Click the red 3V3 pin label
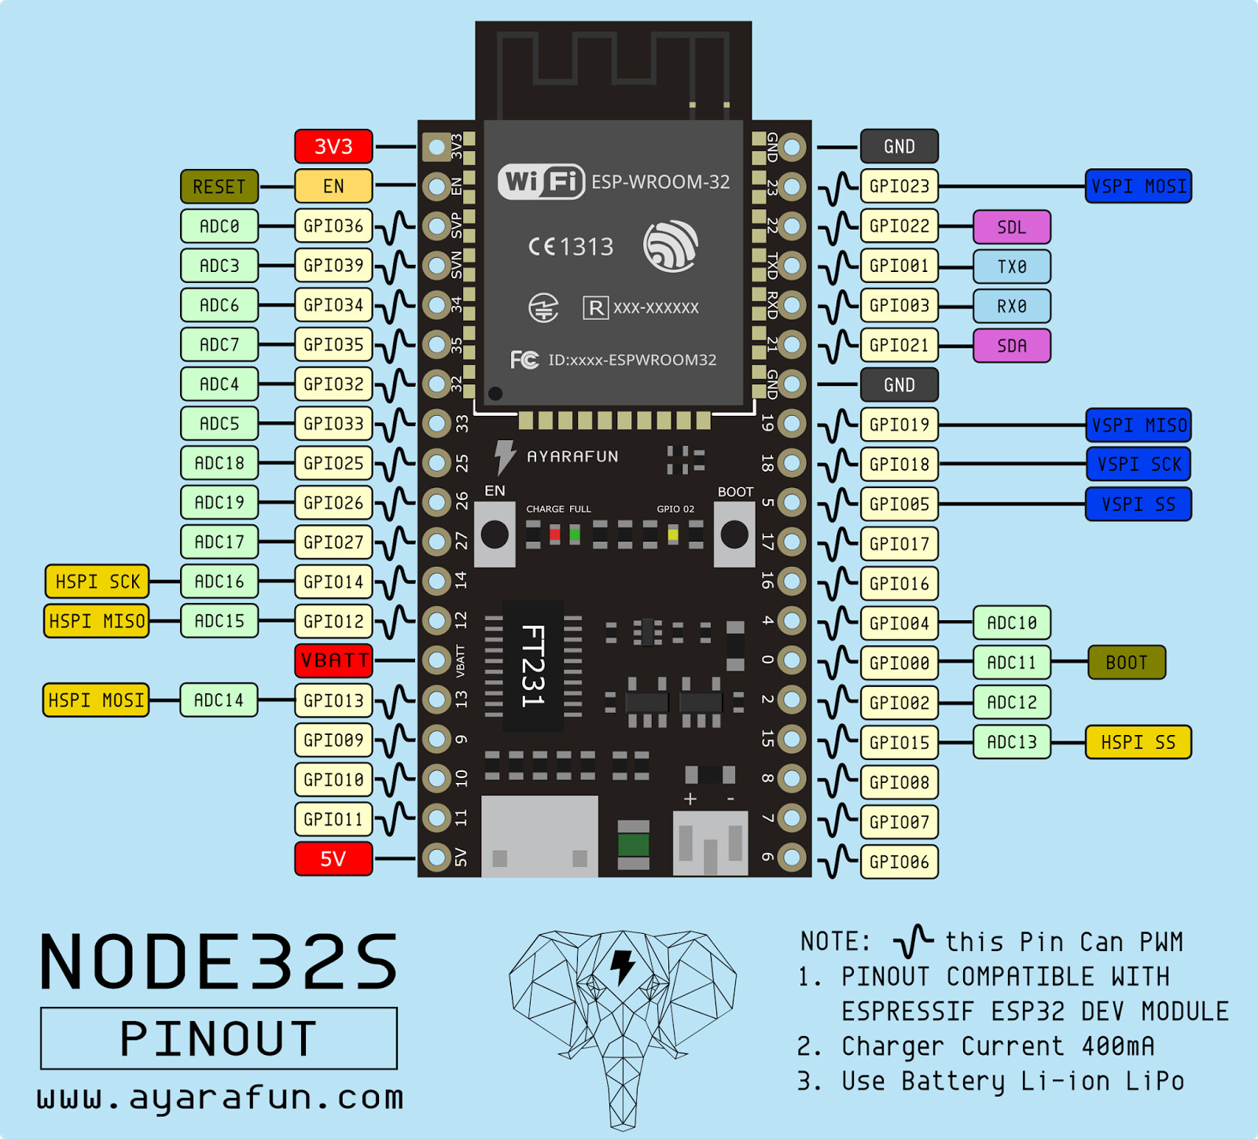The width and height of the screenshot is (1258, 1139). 333,147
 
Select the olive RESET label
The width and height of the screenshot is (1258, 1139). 219,187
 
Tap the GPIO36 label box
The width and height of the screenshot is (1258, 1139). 333,226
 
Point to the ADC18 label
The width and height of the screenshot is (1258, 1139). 219,463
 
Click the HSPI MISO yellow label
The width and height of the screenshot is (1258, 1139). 97,621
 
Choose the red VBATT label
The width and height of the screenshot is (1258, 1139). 333,660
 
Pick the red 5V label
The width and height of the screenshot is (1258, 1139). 333,858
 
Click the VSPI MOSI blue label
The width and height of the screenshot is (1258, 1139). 1138,186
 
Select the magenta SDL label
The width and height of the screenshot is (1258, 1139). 1011,227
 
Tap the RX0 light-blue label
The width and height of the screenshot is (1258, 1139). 1011,306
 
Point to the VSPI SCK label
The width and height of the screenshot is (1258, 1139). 1138,464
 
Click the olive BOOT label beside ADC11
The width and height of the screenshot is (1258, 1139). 1126,663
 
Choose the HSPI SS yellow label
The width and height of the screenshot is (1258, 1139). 1138,742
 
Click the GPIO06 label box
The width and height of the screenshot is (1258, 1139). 899,862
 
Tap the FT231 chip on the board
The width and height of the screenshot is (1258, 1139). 533,665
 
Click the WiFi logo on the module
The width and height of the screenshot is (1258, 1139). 542,182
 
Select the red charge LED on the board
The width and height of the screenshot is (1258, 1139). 555,535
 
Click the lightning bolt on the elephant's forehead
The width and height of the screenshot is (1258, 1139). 623,966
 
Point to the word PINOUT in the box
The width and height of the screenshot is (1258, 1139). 219,1038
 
